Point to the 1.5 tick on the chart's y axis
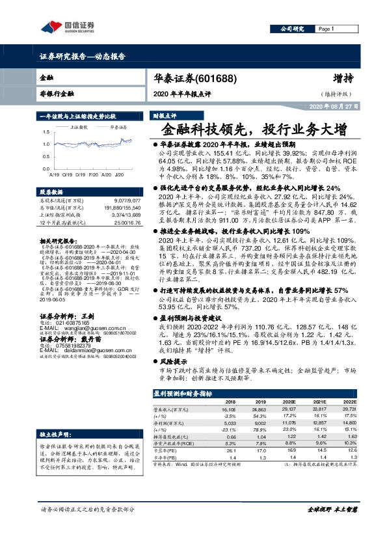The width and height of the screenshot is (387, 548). pyautogui.click(x=46, y=130)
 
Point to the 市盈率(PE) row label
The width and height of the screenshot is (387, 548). pyautogui.click(x=167, y=449)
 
